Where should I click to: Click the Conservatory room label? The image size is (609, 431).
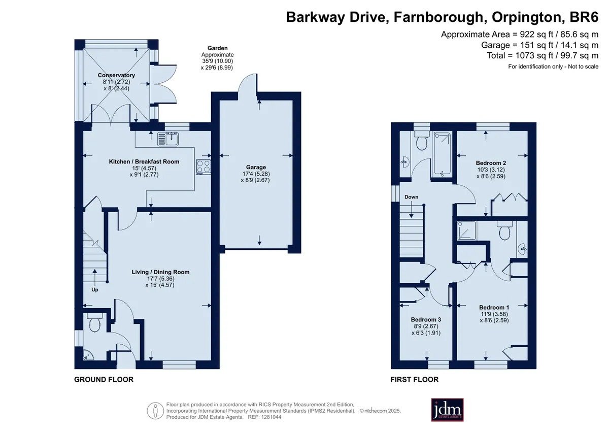(x=116, y=75)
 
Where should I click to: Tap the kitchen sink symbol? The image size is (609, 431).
(x=167, y=139)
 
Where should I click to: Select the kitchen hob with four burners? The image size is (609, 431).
(x=204, y=166)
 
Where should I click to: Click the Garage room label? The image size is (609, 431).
(x=256, y=167)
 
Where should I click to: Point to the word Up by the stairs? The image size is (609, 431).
(x=94, y=290)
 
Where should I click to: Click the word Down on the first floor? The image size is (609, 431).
(x=412, y=197)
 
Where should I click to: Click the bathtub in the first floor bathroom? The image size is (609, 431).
(x=442, y=154)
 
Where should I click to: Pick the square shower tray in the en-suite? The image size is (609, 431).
(x=467, y=230)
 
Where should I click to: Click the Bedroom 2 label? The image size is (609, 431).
(x=491, y=163)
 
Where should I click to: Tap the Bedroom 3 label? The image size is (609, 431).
(x=426, y=319)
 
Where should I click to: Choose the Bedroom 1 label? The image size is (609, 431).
(x=494, y=307)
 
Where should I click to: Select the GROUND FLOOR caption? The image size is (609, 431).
(x=104, y=380)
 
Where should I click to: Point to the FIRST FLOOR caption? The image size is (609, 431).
(x=414, y=380)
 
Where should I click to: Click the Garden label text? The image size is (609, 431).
(x=218, y=48)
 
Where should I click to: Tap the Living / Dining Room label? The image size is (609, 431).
(x=160, y=272)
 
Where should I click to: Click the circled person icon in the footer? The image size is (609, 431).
(x=155, y=411)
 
